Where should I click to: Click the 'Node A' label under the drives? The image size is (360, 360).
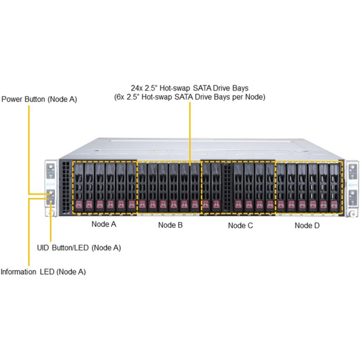point(104,225)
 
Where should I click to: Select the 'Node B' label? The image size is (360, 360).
point(170,225)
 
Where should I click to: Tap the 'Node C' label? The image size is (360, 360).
point(240,225)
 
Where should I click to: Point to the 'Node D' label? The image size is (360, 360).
point(307,225)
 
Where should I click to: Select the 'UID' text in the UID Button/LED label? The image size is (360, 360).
point(44,248)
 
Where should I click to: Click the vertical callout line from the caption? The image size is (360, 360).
point(189,131)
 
